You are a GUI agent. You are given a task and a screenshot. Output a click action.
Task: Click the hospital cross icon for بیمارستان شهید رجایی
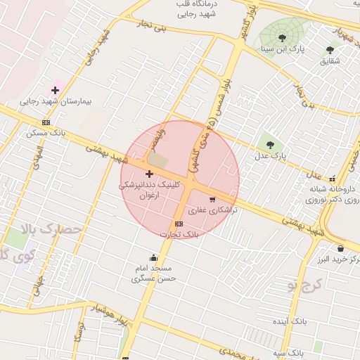pos(55,90)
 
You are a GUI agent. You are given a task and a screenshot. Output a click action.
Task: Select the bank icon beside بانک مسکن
pos(46,122)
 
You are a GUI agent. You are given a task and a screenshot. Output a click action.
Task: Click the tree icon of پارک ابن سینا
pos(282,38)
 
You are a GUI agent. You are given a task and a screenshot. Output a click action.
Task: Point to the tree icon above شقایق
pos(330,50)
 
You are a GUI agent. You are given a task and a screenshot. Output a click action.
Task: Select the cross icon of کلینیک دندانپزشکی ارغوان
pos(149,173)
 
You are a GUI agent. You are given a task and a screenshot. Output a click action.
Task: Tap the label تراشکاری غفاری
pos(212,210)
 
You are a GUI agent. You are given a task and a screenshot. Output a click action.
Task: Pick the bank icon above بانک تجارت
pos(179,224)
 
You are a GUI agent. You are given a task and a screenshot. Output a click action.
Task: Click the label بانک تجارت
pos(187,234)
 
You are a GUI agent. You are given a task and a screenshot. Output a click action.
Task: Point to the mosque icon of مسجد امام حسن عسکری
pos(153,257)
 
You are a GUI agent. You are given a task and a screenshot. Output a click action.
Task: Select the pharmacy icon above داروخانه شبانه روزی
pos(332,179)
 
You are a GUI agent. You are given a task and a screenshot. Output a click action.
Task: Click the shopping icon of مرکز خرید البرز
pos(340,248)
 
